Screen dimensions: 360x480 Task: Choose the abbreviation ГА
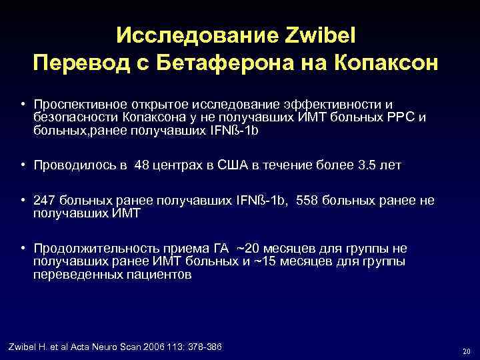[x=217, y=249]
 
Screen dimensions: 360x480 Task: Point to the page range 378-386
[x=203, y=347]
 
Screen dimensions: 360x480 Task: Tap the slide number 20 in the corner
[x=465, y=351]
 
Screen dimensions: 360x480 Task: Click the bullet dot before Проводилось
[x=23, y=165]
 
